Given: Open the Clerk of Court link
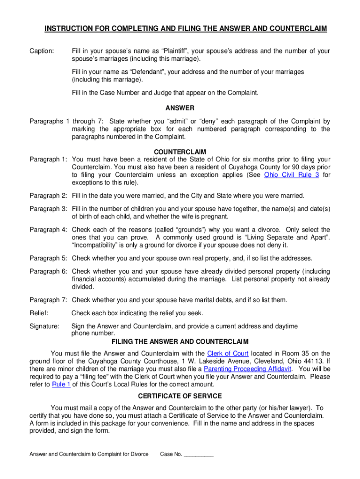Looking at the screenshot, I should coord(228,353).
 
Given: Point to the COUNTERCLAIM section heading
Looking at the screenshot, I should coord(180,152).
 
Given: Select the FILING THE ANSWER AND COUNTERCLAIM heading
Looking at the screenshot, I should coord(180,341).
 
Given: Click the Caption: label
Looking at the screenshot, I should coord(42,51).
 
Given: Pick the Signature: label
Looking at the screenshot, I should coord(44,326).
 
